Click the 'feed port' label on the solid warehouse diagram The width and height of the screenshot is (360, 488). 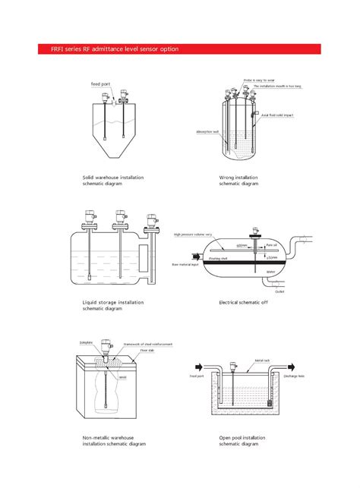click(x=100, y=83)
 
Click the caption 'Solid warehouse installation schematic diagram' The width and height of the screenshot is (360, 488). click(x=112, y=180)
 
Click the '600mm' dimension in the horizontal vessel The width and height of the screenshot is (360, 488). click(x=241, y=245)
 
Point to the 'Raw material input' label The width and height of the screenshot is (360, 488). click(x=185, y=265)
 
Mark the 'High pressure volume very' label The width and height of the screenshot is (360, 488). click(x=193, y=235)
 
